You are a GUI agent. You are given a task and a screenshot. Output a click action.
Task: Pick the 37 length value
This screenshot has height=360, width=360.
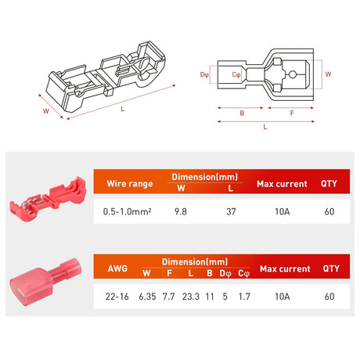click(229, 211)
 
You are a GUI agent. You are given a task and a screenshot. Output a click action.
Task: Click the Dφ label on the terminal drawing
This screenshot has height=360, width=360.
click(205, 74)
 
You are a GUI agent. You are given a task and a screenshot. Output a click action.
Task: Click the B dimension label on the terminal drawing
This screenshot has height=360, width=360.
click(241, 113)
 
